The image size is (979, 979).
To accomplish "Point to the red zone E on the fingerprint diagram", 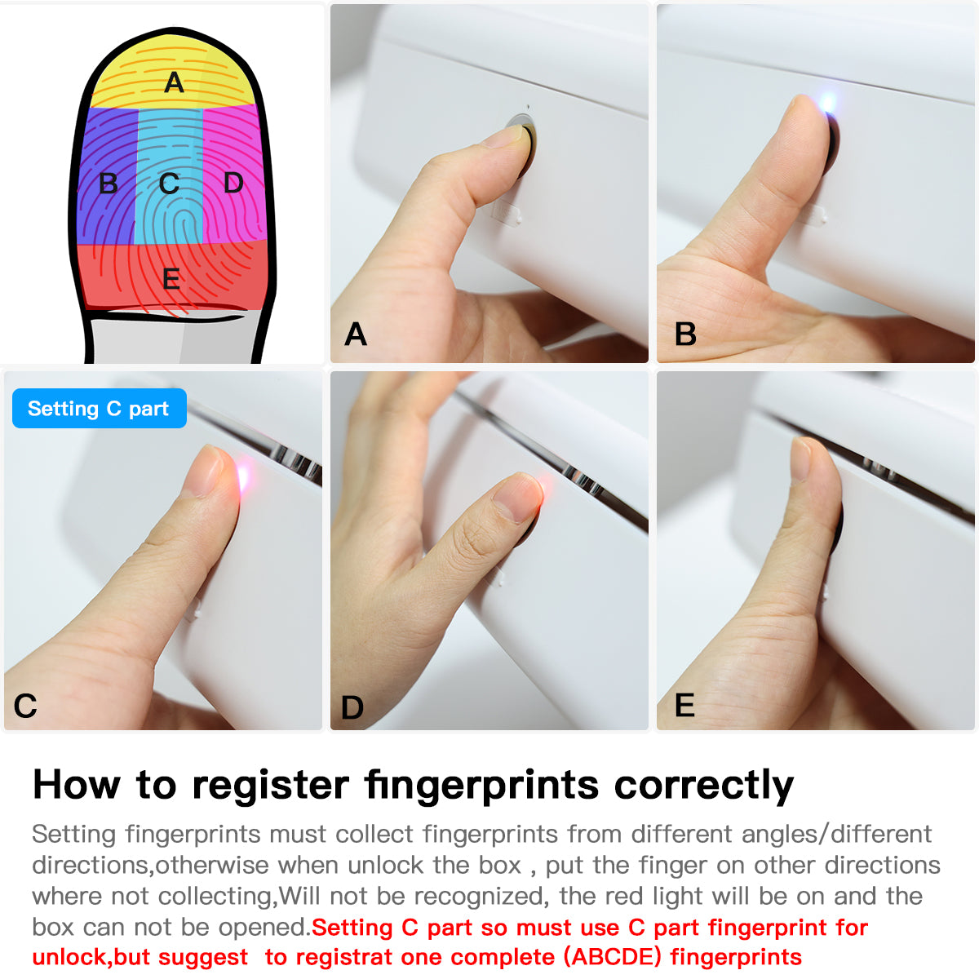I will [x=171, y=277].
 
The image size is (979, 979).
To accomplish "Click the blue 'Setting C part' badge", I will [x=99, y=409].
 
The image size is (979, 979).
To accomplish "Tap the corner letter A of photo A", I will [x=356, y=334].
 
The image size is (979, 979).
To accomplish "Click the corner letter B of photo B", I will [x=685, y=334].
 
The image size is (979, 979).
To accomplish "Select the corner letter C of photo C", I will [x=25, y=706].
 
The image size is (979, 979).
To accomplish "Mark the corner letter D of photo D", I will [x=352, y=707].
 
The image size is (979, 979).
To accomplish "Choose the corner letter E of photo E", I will [x=684, y=706].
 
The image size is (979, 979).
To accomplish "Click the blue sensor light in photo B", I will [x=827, y=103].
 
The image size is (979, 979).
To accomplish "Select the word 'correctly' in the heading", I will [x=703, y=786].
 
